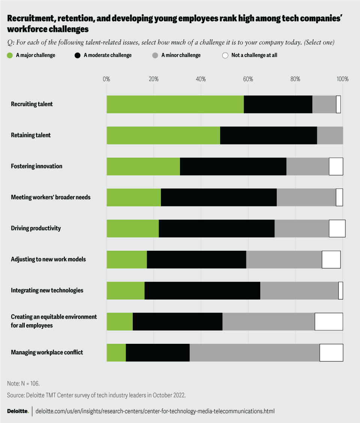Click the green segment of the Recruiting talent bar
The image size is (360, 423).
coord(175,104)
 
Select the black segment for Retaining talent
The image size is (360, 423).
coord(268,135)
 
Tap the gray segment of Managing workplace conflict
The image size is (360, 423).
coord(254,352)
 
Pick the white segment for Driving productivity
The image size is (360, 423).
coord(337,228)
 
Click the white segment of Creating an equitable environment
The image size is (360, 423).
coord(328,321)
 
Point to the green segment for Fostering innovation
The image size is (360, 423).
coord(143,166)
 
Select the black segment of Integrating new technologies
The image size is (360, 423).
coord(202,291)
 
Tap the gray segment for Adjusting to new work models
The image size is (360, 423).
coord(284,259)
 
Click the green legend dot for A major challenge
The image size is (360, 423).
coord(10,56)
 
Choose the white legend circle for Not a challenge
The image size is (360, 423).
coord(225,56)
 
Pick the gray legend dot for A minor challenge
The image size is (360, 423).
coord(155,56)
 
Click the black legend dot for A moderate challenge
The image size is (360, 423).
coord(78,56)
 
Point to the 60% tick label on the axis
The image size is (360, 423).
coord(248,79)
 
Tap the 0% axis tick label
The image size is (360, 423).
coord(106,79)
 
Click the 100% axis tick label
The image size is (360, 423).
coord(342,79)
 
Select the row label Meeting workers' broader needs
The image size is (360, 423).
coord(51,197)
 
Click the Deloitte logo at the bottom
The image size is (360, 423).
coord(18,411)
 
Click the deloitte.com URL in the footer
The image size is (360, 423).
coord(155,411)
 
